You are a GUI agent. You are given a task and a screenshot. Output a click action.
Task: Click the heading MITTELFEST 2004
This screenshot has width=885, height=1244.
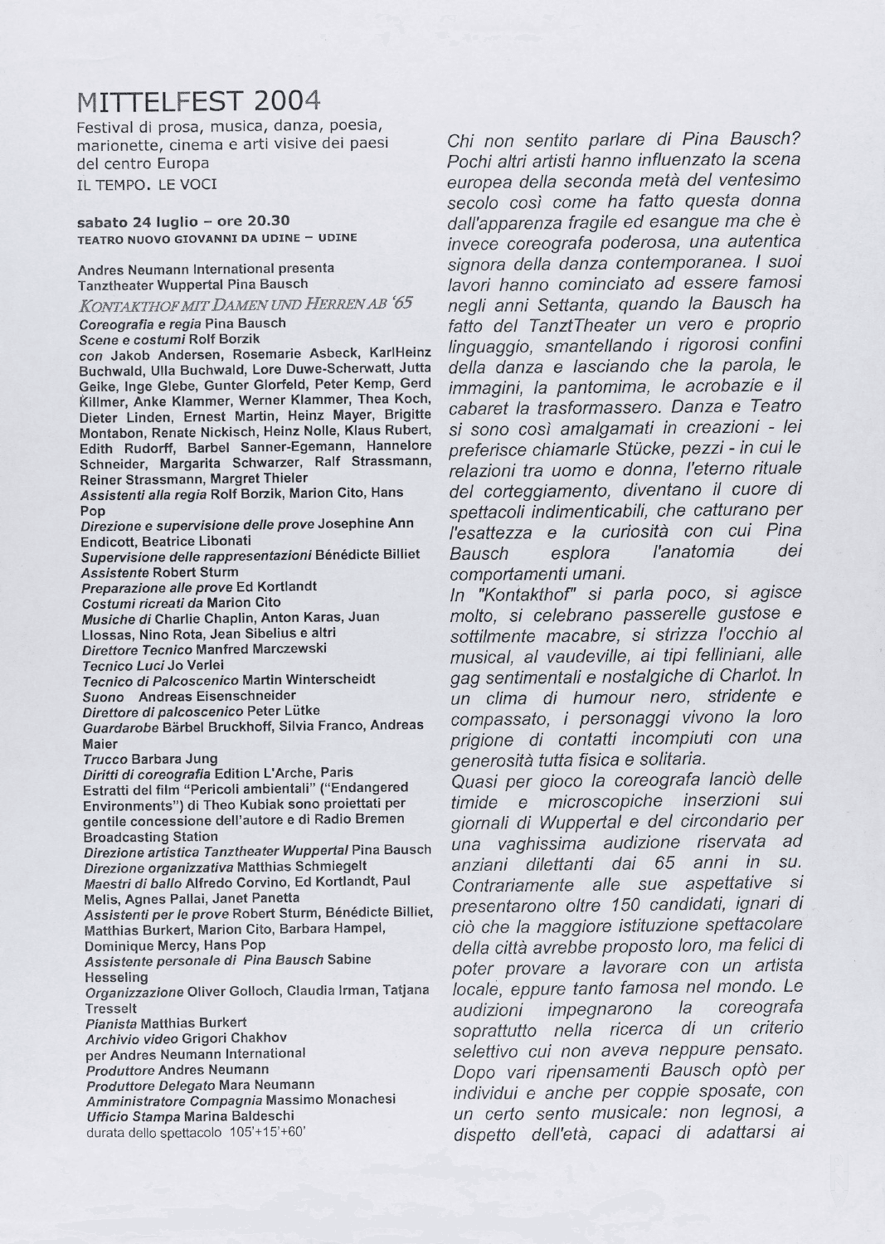[198, 102]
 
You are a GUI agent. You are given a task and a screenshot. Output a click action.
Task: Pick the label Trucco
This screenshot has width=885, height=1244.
[104, 759]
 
